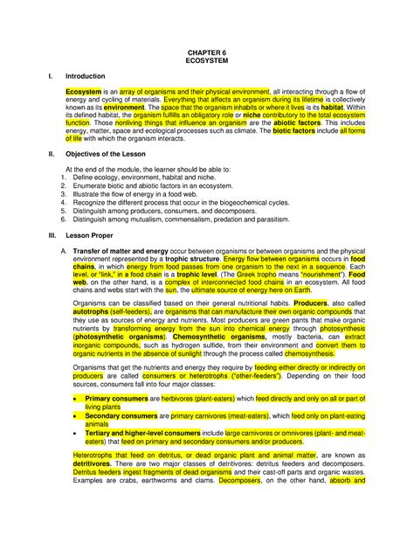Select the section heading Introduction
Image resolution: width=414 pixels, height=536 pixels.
(x=88, y=77)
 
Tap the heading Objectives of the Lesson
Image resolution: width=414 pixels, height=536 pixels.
(x=111, y=177)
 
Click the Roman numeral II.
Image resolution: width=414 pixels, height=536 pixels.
(x=51, y=177)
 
